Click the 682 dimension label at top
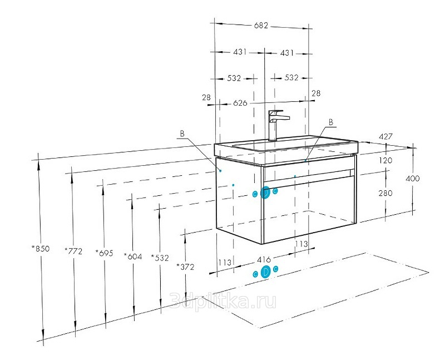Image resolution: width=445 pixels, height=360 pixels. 261,26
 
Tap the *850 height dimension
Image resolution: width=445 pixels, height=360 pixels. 41,249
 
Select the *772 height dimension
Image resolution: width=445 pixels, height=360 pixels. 73,251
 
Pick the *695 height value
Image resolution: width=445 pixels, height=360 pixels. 104,253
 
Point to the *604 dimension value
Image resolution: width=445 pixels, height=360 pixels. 133,257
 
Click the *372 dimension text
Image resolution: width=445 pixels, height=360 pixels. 185,267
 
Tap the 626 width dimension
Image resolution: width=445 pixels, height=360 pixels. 240,103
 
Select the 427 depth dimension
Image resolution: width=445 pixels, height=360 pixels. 385,136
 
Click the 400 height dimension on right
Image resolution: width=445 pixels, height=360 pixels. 413,179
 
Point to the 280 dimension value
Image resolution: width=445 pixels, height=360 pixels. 385,193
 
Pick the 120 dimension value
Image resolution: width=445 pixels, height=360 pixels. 385,160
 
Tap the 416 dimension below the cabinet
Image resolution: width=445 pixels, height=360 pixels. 264,259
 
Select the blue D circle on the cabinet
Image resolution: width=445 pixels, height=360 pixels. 265,193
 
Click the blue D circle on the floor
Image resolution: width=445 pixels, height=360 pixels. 266,272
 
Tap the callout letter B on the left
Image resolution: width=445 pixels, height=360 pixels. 182,134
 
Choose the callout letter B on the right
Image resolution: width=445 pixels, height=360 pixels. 331,122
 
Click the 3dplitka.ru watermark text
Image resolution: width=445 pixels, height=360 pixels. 223,301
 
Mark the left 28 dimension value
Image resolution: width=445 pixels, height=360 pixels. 206,97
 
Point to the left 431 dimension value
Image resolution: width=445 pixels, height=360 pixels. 240,52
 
